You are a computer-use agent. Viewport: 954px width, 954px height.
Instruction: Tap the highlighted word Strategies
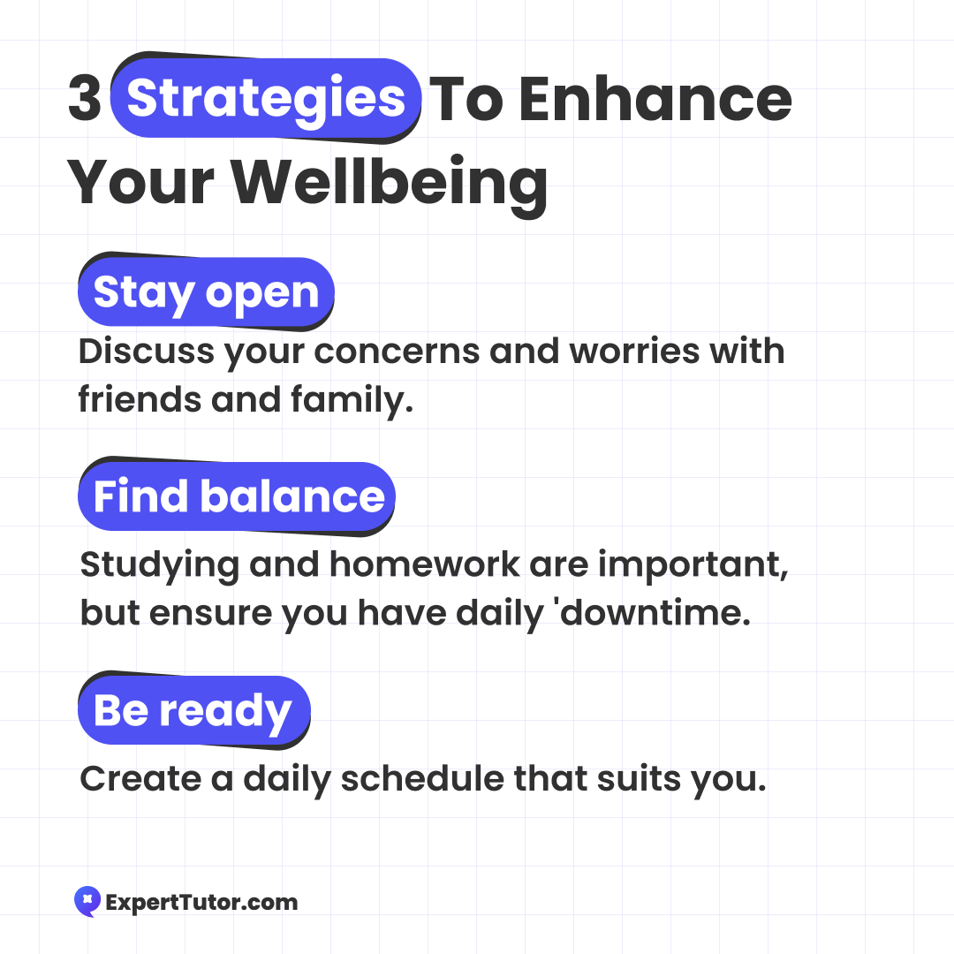266,99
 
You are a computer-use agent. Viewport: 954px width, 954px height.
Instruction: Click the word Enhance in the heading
655,99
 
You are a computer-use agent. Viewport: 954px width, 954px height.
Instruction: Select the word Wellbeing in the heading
389,183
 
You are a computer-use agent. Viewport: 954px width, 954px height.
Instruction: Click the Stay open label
206,293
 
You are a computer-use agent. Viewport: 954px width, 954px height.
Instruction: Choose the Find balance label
237,496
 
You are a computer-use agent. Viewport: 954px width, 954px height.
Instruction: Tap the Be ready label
194,710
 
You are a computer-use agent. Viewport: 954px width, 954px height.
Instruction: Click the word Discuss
146,352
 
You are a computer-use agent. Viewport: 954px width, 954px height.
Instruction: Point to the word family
352,400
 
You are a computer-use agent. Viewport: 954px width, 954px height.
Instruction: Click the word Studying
159,565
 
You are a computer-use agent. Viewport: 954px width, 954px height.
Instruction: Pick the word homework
425,564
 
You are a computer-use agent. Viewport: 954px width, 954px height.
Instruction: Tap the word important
693,565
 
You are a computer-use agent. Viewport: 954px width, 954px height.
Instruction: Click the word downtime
655,612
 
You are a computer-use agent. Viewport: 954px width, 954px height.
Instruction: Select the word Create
140,778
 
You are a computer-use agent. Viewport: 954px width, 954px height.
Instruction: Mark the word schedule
422,778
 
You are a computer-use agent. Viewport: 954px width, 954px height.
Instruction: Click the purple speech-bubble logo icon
87,901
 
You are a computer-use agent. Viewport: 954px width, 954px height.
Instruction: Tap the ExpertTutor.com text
202,902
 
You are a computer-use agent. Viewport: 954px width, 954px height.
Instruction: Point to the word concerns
397,352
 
